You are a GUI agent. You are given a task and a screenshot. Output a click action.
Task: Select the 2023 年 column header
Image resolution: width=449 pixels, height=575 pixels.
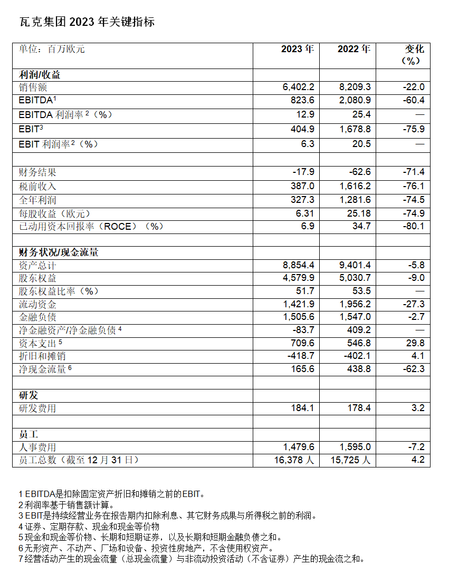tap(298, 49)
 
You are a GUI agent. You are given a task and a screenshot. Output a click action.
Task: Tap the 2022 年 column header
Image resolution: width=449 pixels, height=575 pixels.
tap(354, 49)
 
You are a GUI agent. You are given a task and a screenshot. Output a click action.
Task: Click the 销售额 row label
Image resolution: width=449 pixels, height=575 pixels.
tap(33, 87)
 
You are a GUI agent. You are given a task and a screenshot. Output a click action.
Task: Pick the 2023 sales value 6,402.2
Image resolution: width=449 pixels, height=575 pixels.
tap(299, 87)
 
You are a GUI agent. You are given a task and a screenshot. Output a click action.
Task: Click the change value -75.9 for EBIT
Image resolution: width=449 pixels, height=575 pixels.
tap(413, 129)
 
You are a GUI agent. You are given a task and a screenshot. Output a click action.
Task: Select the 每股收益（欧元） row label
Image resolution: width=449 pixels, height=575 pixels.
tap(55, 213)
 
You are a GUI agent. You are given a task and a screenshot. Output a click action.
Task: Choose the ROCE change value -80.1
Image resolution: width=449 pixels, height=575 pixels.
tap(413, 227)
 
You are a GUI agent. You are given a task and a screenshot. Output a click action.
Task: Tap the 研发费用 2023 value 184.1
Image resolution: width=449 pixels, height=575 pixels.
tap(302, 408)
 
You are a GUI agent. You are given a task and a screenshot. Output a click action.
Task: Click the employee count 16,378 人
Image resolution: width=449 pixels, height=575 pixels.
tap(294, 460)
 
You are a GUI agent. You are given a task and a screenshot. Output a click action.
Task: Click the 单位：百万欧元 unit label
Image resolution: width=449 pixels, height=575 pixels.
tap(52, 49)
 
